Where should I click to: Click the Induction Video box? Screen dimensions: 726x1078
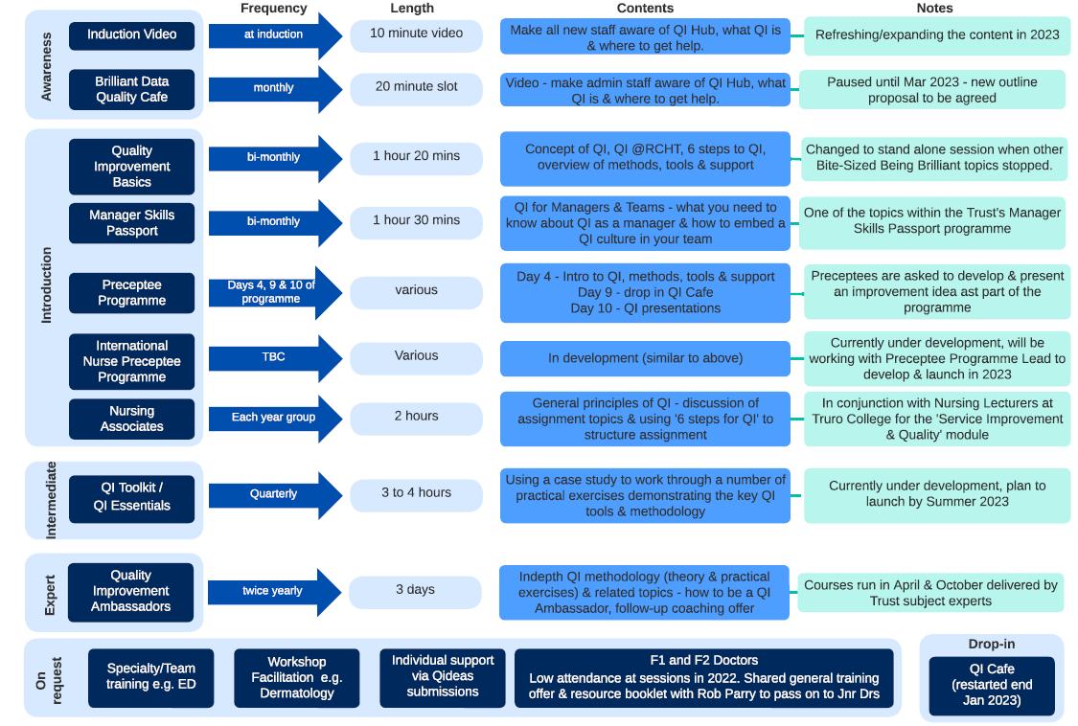point(131,35)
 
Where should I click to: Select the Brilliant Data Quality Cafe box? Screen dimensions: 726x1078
point(131,89)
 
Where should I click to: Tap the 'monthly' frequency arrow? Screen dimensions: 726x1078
point(274,88)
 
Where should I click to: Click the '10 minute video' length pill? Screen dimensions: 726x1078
point(416,34)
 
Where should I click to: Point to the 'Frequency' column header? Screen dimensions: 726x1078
point(274,8)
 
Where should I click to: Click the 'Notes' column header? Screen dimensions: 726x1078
point(934,8)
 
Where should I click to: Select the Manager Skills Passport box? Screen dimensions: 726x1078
point(131,222)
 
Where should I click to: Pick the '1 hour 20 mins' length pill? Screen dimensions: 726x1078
point(416,156)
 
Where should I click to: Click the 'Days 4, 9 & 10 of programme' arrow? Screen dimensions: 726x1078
point(272,292)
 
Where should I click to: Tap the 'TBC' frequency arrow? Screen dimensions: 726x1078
point(274,357)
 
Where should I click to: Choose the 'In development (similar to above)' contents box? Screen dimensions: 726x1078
point(645,358)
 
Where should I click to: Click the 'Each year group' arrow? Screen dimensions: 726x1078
point(274,418)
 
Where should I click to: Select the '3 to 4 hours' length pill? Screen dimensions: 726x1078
point(416,492)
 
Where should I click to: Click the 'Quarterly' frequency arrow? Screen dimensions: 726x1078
point(274,494)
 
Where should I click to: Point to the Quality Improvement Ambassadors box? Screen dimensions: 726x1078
point(131,591)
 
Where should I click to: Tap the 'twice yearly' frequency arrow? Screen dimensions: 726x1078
point(274,591)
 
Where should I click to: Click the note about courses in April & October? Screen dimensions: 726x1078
point(929,593)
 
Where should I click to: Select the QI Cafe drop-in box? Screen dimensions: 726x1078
point(991,685)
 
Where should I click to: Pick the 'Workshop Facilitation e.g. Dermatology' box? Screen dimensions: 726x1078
point(297,677)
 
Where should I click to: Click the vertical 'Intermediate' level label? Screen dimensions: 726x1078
point(51,500)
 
